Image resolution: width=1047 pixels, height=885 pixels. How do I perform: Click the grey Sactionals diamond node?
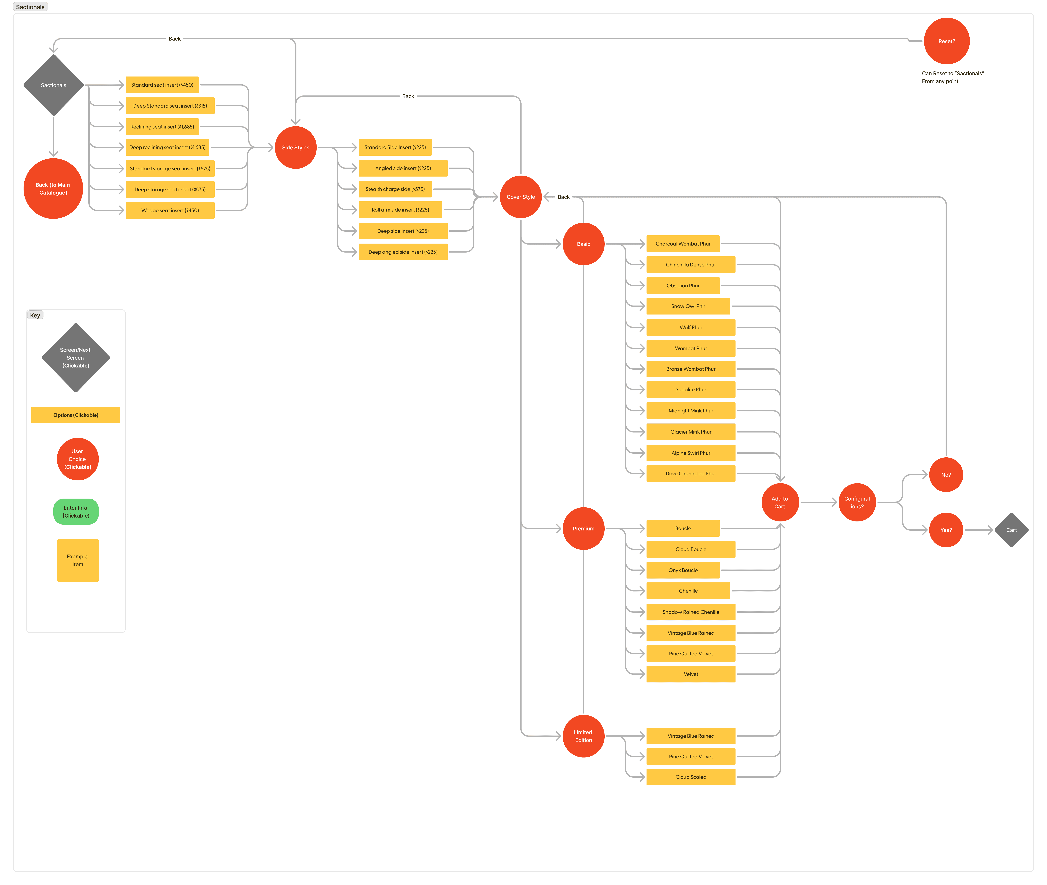53,85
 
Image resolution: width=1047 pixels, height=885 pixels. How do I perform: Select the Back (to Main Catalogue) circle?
53,189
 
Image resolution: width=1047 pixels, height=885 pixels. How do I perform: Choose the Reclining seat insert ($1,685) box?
162,127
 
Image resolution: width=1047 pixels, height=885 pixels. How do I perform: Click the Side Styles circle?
296,147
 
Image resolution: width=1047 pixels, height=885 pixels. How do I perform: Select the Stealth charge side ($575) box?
395,189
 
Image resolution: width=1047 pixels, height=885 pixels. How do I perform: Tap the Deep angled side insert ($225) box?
403,252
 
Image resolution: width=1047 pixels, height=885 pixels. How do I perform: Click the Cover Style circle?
521,197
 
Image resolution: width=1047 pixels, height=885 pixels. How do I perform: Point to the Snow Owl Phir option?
688,306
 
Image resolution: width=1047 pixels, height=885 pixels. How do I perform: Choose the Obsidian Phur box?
683,285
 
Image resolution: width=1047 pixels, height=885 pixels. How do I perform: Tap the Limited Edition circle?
584,736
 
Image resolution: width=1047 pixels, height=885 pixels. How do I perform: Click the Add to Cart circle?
780,502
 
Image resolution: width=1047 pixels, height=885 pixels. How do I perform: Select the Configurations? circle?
857,502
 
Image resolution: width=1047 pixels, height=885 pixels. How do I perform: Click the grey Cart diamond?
1011,530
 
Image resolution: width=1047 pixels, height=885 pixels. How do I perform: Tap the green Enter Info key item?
76,512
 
